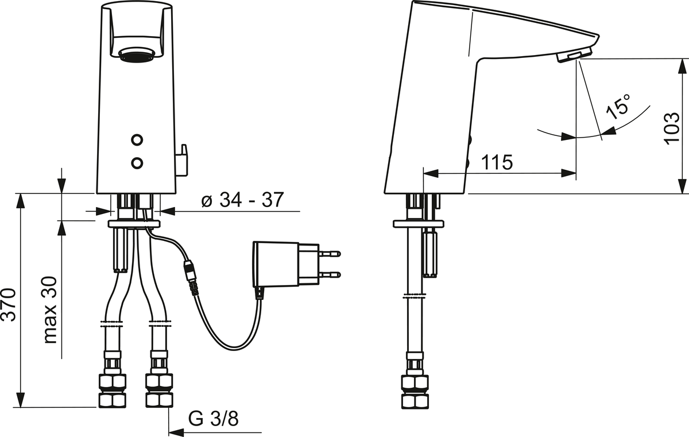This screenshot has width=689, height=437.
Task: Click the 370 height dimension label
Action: coord(9,305)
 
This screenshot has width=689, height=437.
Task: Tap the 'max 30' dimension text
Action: coord(51,310)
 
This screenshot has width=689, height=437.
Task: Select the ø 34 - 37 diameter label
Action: coord(242,200)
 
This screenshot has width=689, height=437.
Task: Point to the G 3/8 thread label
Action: coord(213,418)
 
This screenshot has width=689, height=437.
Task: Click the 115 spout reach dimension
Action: coord(497,162)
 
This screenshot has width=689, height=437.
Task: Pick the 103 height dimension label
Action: coord(672,127)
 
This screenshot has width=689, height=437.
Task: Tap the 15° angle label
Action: coord(618,106)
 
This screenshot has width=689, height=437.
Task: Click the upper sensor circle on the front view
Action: coord(137,140)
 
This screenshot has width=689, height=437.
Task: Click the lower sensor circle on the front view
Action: coord(137,162)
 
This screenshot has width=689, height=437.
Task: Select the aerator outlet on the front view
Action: coord(136,55)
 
